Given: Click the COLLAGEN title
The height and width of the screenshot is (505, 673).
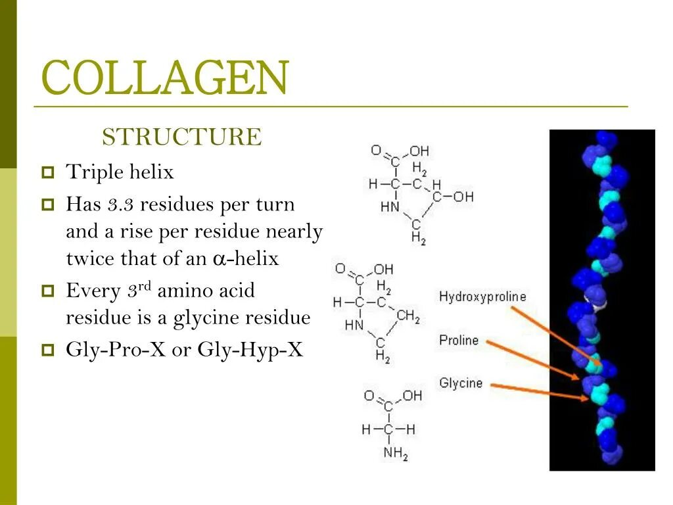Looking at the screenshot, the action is (x=164, y=78).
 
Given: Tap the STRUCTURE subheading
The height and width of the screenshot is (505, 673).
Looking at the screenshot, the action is (x=181, y=137).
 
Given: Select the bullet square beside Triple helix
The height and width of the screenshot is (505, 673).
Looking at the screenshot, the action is (x=48, y=174).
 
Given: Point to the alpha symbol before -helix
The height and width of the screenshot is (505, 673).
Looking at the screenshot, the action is (x=219, y=259).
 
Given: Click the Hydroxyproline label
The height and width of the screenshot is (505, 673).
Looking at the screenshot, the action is (x=482, y=297).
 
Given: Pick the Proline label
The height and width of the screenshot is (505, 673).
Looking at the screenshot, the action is (x=459, y=341).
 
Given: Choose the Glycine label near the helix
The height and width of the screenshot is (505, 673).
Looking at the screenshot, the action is (x=461, y=383).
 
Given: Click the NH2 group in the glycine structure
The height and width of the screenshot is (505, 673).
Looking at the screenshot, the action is (x=396, y=453).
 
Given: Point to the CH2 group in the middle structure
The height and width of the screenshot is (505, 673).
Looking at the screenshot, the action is (x=407, y=317).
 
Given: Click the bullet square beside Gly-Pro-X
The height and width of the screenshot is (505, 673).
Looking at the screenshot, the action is (x=48, y=350).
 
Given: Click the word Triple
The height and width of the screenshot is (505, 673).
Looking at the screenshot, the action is (x=91, y=173).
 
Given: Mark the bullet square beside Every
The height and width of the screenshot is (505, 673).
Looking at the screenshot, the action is (x=48, y=291).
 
